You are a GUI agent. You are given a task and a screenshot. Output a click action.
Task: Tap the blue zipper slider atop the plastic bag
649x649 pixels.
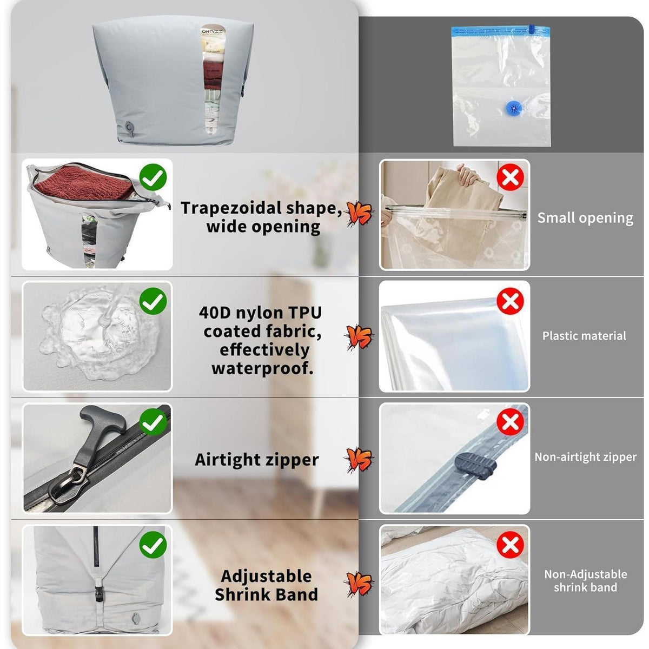coord(532,29)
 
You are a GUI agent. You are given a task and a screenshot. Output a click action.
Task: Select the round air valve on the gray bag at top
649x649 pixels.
coord(129,127)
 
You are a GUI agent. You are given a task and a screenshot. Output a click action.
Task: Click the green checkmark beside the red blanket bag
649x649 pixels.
coord(153,177)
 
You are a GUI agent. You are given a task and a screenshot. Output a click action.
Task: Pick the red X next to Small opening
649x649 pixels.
coord(510,177)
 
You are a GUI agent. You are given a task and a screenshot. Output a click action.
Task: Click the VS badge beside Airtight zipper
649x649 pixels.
coord(359,459)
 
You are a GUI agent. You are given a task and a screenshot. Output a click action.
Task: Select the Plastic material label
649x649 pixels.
coord(584,336)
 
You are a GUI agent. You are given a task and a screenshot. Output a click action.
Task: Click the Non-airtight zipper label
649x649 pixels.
coord(586,457)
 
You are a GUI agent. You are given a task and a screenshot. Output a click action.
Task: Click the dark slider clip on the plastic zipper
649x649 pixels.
coord(475,466)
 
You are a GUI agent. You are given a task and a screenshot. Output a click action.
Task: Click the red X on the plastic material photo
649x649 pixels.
coord(510,301)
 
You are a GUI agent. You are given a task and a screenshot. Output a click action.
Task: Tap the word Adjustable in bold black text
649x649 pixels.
coord(266,576)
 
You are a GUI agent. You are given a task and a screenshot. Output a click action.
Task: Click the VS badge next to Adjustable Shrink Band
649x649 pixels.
coord(359,584)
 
